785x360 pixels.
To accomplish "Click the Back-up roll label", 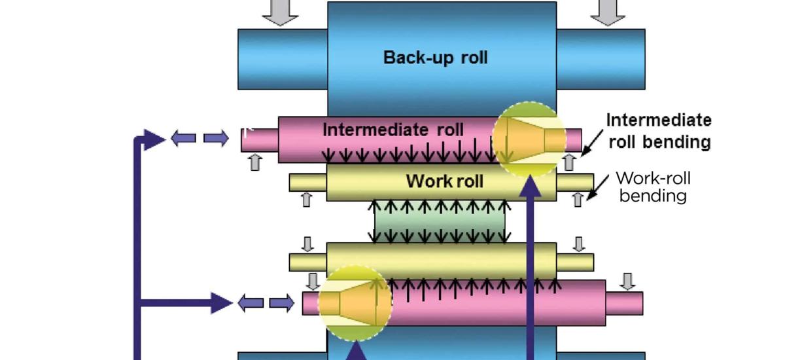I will click(435, 58).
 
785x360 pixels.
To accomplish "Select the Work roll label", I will click(445, 181).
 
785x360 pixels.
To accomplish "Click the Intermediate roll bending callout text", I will click(659, 131).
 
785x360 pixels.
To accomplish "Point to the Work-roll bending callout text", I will click(653, 187).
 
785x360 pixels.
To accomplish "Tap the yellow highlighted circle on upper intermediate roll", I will click(529, 139).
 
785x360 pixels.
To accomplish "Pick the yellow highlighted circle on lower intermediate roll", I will click(355, 302).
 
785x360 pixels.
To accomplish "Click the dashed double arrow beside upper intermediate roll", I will click(200, 138).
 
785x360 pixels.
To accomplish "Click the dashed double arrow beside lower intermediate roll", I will click(266, 303).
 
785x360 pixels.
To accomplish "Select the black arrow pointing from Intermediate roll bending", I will click(592, 142).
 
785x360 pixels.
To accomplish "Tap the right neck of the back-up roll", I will click(601, 59).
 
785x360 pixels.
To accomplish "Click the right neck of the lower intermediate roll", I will click(624, 303).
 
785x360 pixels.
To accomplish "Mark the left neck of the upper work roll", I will click(307, 183).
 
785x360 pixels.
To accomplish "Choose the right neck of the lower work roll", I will click(575, 262).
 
